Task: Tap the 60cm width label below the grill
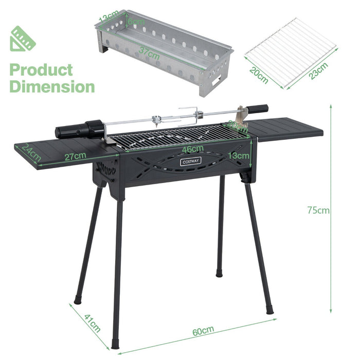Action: coord(200,332)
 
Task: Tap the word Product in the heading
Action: coord(41,69)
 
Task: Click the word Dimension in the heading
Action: coord(52,86)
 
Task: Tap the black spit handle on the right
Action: coord(257,109)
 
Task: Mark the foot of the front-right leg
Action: coord(269,310)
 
